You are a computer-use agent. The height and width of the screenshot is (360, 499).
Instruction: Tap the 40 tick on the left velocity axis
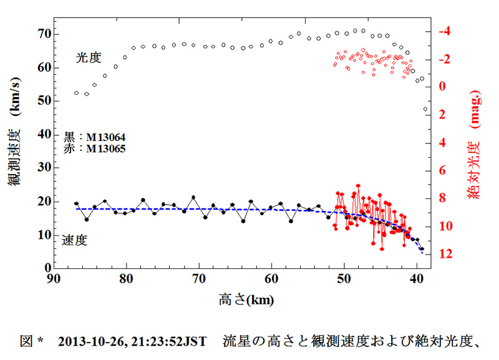coord(41,134)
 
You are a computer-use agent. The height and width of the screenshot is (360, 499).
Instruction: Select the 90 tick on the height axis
coord(54,279)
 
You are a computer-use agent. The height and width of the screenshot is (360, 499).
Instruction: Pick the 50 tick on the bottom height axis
coord(344,279)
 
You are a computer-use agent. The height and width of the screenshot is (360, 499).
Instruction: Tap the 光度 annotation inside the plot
coord(89,57)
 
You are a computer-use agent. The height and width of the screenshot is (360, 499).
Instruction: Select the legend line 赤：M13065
coord(94,149)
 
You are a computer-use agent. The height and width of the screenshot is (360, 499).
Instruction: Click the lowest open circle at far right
coord(425,109)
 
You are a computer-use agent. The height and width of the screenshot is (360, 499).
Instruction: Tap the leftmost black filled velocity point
coord(76,204)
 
